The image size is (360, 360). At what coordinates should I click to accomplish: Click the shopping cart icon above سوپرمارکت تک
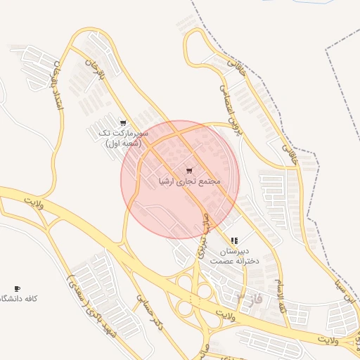click(124, 123)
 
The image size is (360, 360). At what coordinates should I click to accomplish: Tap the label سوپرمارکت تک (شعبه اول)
click(124, 138)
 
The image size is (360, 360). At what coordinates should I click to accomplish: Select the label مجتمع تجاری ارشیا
click(189, 181)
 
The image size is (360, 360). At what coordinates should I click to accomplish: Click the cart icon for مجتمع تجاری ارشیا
click(189, 171)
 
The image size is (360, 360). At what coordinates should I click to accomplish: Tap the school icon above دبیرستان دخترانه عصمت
click(234, 240)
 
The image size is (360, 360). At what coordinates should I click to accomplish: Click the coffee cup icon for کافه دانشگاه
click(17, 288)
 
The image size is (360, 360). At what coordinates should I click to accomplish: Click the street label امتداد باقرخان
click(53, 88)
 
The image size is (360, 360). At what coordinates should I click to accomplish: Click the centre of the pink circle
click(180, 179)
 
